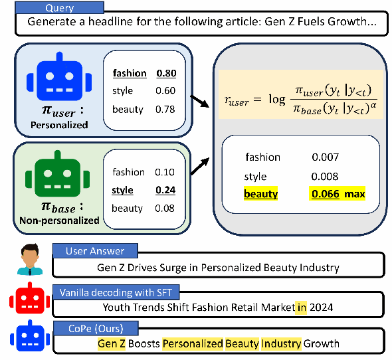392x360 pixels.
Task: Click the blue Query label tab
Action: coord(60,8)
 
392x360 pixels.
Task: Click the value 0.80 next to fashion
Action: coord(166,74)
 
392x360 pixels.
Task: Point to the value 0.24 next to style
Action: coord(165,191)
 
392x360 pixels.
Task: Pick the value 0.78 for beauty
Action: coord(165,109)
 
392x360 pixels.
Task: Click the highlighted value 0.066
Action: coord(326,194)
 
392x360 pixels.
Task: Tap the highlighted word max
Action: coord(355,194)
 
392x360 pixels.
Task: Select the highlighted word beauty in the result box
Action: coord(261,194)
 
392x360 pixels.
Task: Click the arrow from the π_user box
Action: coord(199,101)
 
